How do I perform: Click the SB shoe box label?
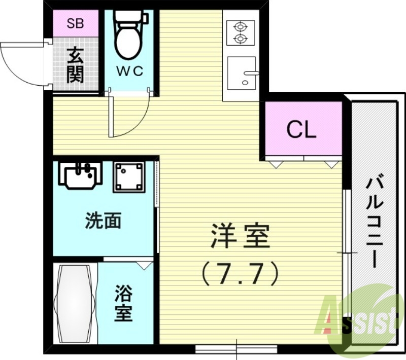click(77, 24)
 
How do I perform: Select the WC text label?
click(131, 71)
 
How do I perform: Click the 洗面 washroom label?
click(104, 221)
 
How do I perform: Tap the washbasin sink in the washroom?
click(80, 175)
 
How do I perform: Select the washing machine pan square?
click(129, 177)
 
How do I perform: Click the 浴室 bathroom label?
click(123, 303)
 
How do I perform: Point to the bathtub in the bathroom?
click(75, 304)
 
